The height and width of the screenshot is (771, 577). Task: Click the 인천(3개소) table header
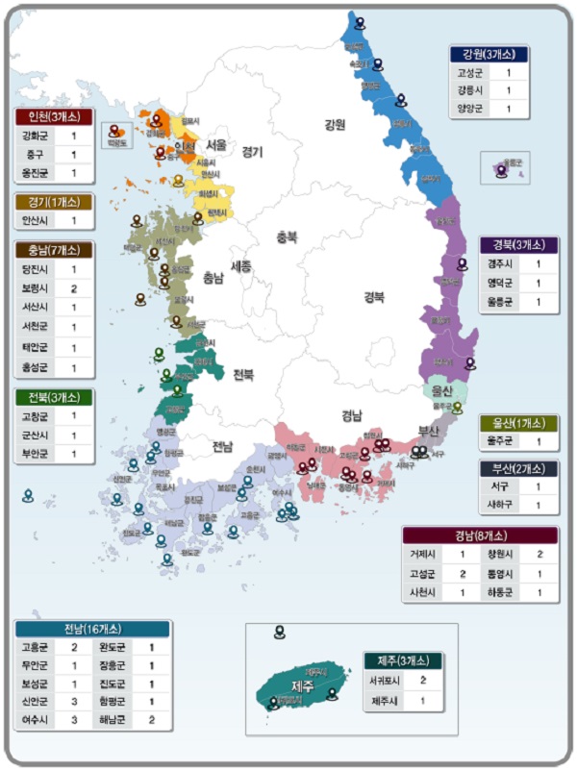pos(54,117)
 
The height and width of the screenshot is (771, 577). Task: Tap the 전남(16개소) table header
pos(92,629)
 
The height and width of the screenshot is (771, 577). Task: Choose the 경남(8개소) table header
pos(479,535)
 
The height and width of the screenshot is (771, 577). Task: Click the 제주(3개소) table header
pos(403,660)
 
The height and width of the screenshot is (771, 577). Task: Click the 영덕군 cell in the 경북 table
pos(500,283)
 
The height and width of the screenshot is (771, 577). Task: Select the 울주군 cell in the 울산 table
pos(500,442)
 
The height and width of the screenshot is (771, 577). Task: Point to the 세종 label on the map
pos(241,265)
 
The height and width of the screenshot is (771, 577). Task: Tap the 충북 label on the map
pos(286,236)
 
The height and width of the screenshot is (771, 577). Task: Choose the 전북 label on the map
pos(242,375)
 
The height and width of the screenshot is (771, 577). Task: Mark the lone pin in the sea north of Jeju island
pos(279,632)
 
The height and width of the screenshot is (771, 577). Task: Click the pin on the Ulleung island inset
pos(501,170)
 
